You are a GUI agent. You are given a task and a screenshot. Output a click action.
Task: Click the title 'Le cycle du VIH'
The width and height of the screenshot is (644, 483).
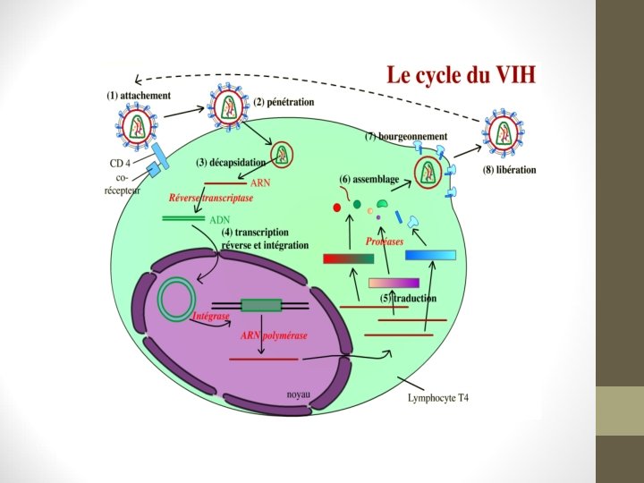[x=462, y=75]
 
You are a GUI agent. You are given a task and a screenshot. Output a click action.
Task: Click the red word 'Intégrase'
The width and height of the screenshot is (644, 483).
[x=211, y=317]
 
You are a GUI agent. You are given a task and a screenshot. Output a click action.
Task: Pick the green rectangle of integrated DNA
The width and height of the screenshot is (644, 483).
[x=261, y=305]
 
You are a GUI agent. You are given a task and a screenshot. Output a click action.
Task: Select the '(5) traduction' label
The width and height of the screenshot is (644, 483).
[x=409, y=298]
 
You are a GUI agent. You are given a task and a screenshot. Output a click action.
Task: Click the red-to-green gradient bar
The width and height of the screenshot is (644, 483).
[x=348, y=258]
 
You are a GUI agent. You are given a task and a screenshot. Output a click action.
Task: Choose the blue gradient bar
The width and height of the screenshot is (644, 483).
[x=430, y=255]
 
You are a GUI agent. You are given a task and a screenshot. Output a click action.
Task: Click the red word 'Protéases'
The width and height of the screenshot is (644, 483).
[x=385, y=241]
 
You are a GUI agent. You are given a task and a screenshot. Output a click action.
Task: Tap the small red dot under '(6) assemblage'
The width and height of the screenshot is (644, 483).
[x=337, y=208]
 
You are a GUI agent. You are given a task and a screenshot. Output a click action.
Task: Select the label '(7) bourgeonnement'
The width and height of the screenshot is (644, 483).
[x=406, y=137]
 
